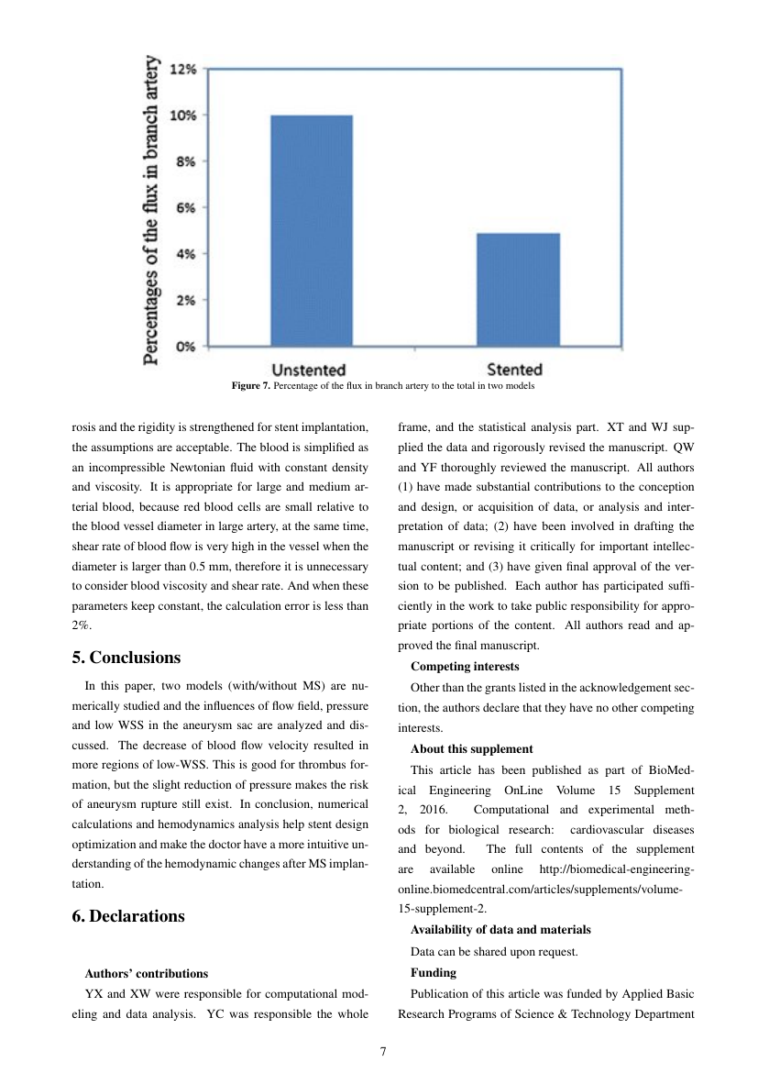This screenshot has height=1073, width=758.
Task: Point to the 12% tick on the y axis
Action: click(x=186, y=69)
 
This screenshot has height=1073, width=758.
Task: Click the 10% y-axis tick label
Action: click(x=186, y=116)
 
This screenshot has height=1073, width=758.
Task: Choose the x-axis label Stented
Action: click(x=514, y=370)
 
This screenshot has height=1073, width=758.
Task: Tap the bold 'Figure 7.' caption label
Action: click(x=250, y=386)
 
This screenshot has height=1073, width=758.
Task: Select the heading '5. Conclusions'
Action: click(x=126, y=658)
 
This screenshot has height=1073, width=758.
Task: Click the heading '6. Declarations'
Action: click(x=127, y=916)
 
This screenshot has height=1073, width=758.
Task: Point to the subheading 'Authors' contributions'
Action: click(x=146, y=973)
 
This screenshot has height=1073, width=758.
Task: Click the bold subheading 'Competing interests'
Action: click(x=465, y=667)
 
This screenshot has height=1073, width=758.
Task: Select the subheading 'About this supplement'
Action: click(x=471, y=749)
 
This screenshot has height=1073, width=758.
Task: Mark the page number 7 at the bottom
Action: click(x=382, y=1050)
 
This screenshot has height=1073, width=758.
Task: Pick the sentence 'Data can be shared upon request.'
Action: click(x=494, y=951)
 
